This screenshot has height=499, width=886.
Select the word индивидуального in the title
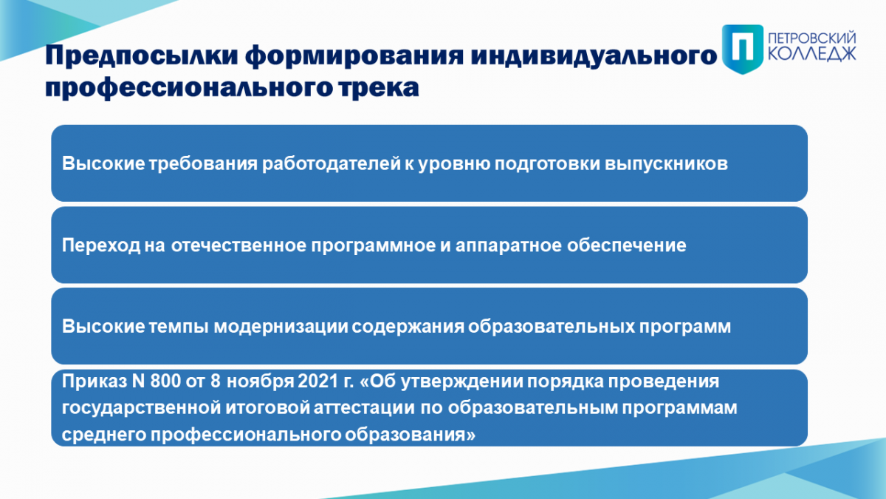point(594,55)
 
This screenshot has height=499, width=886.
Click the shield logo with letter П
point(743,49)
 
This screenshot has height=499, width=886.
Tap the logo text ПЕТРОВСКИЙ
point(812,38)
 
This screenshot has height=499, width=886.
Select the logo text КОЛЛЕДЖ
point(812,54)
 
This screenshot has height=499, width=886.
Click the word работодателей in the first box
point(332,163)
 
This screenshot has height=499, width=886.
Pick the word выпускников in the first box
point(666,164)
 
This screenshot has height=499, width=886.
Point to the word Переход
point(101,245)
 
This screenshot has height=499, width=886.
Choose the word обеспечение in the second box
point(627,245)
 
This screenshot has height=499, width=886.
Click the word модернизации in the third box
point(281,327)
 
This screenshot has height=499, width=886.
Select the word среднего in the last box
point(104,435)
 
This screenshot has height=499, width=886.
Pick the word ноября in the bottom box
point(260,381)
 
